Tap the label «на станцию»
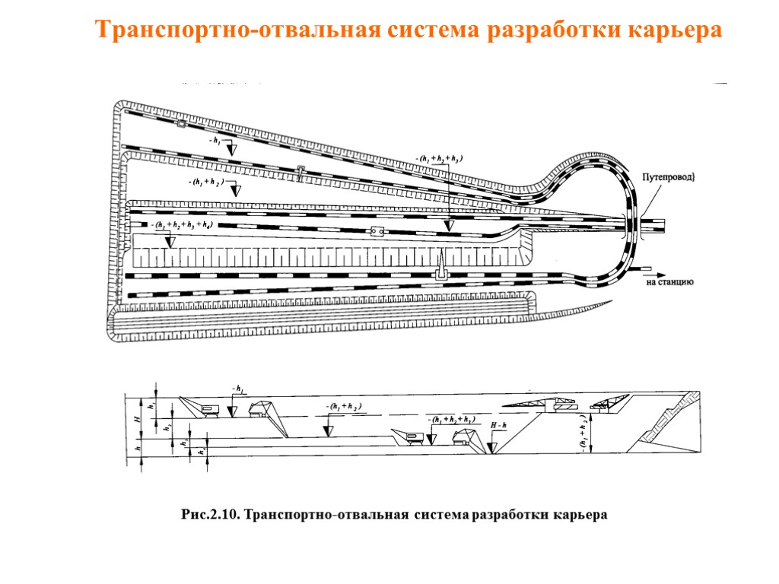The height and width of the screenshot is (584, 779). click(669, 282)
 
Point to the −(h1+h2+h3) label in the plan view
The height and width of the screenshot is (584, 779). click(439, 158)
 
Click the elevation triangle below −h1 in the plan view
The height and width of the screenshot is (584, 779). click(234, 149)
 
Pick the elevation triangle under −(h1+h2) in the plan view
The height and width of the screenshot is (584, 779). click(236, 190)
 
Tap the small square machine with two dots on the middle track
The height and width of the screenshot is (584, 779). click(377, 232)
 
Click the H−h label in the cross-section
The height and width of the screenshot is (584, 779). click(499, 427)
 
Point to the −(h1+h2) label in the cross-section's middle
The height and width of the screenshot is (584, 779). click(342, 407)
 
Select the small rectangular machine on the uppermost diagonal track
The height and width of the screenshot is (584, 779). click(181, 122)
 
